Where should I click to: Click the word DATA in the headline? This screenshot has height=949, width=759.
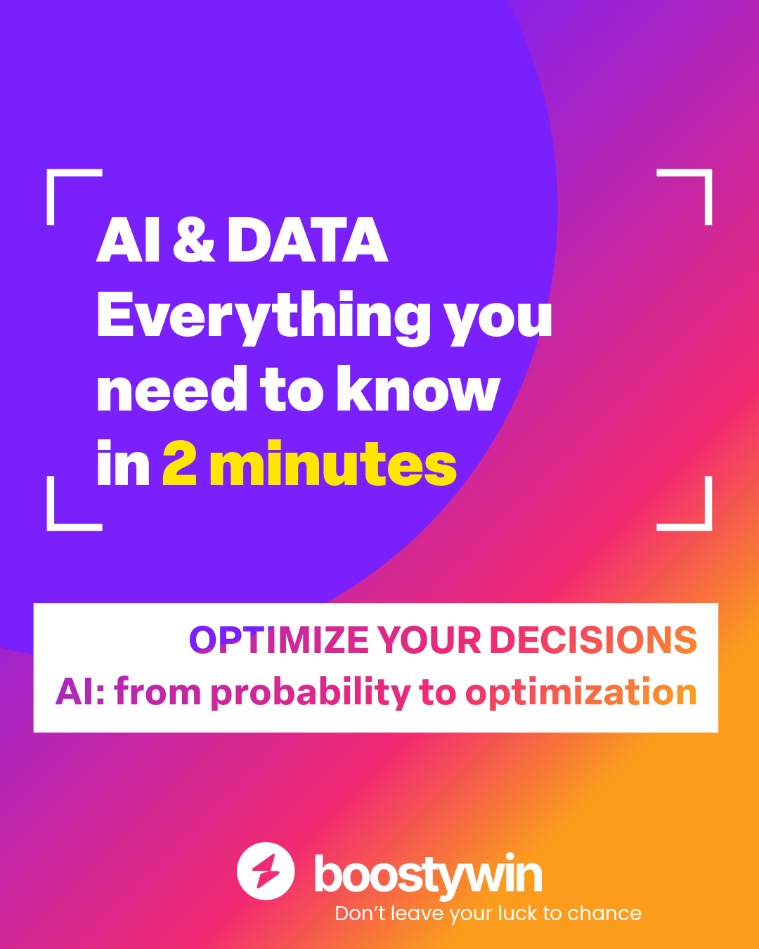(307, 240)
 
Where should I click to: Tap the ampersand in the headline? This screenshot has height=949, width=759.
(193, 240)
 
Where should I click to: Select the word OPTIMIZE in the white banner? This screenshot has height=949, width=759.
(279, 640)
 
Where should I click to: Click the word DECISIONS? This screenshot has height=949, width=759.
(592, 640)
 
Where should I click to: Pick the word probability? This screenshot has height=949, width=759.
(311, 693)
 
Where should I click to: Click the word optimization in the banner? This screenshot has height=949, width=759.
(580, 693)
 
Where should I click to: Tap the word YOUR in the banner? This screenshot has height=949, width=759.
(429, 640)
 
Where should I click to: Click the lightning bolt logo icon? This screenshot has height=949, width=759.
(266, 871)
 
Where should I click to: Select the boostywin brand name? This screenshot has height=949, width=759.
(428, 875)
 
